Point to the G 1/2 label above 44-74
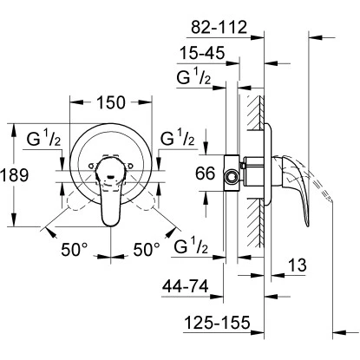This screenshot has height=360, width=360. coord(192,250)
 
